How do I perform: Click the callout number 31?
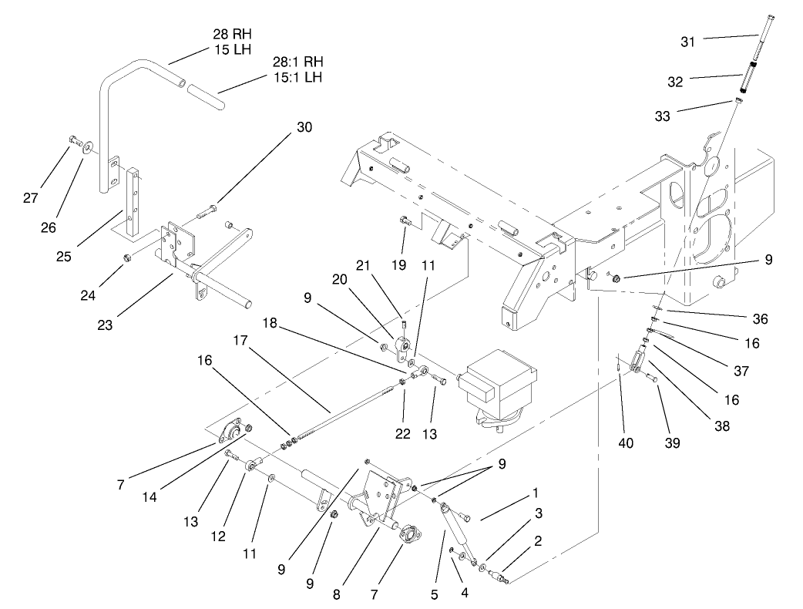point(687,42)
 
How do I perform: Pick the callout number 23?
point(105,325)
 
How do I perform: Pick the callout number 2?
point(538,540)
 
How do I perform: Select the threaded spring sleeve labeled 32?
point(747,78)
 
